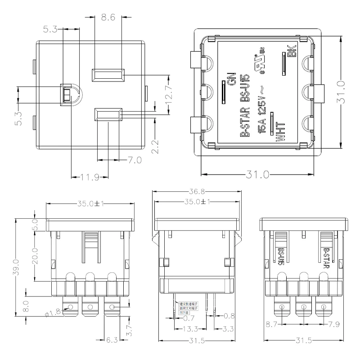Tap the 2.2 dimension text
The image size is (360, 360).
click(154, 147)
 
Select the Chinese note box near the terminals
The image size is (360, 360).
click(188, 307)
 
